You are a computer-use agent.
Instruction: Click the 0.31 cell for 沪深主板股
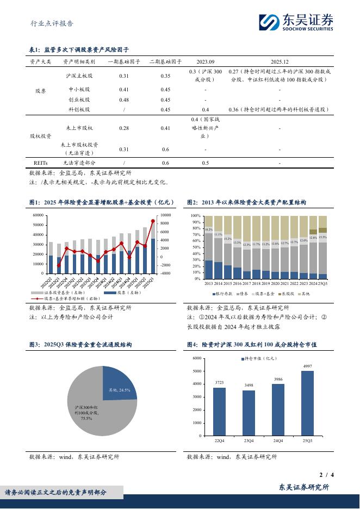pyautogui.click(x=124, y=76)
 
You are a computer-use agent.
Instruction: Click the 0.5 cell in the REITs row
pyautogui.click(x=206, y=163)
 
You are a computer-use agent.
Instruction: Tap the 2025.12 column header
pyautogui.click(x=279, y=62)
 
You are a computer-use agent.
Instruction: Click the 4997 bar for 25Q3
pyautogui.click(x=307, y=402)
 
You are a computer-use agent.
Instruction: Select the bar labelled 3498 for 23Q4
pyautogui.click(x=249, y=412)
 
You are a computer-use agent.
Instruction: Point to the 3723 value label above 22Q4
pyautogui.click(x=219, y=383)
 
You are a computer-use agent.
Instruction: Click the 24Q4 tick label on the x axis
pyautogui.click(x=278, y=440)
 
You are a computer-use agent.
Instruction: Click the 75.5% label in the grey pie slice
pyautogui.click(x=86, y=418)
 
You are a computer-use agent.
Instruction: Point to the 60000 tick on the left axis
pyautogui.click(x=38, y=215)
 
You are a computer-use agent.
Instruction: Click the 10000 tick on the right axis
pyautogui.click(x=166, y=215)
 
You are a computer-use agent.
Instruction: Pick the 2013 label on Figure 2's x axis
pyautogui.click(x=209, y=283)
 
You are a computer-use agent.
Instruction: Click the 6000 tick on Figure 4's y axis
pyautogui.click(x=197, y=358)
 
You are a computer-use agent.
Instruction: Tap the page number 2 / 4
pyautogui.click(x=326, y=475)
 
